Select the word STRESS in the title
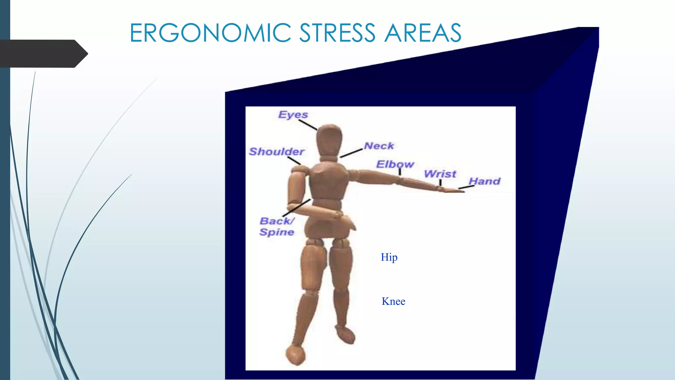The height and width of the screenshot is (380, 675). [x=337, y=33]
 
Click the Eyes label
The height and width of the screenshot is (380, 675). [x=293, y=114]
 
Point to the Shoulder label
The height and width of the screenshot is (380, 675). [x=277, y=151]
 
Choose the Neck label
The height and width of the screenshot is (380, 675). [x=379, y=146]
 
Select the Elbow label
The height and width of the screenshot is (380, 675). [x=395, y=164]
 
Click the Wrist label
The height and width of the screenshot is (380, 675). [x=440, y=174]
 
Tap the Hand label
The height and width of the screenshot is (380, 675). [x=484, y=181]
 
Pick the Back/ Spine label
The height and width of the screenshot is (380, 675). [x=277, y=226]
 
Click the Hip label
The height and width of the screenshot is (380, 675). [x=389, y=257]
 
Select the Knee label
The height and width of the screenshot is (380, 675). [x=393, y=301]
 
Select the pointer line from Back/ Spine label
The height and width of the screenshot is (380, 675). [x=297, y=208]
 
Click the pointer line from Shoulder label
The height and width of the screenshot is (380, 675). [x=294, y=161]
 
